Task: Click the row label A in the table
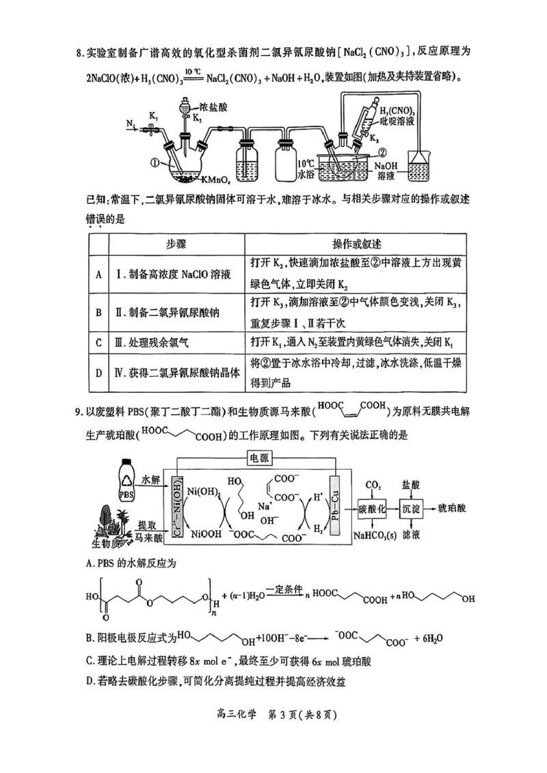tap(98, 274)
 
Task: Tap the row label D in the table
tap(98, 373)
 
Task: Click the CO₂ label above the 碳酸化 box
tap(373, 484)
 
